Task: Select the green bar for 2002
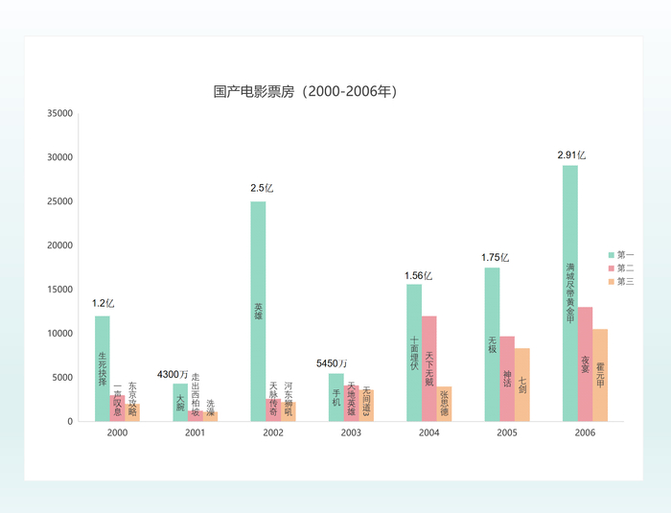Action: pos(258,312)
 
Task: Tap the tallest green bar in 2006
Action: pos(570,292)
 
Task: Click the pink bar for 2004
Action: pos(428,369)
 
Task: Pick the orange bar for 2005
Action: pos(522,385)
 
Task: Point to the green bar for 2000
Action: pos(102,369)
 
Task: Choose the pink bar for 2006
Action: pos(585,364)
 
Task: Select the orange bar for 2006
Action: pos(600,375)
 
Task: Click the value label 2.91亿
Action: pos(571,154)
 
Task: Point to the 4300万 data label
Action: pos(173,373)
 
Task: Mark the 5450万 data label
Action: pos(332,363)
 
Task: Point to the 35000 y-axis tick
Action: pos(60,113)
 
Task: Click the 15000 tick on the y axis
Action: pos(60,290)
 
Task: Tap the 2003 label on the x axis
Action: pos(351,433)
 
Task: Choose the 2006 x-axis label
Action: pos(585,433)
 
